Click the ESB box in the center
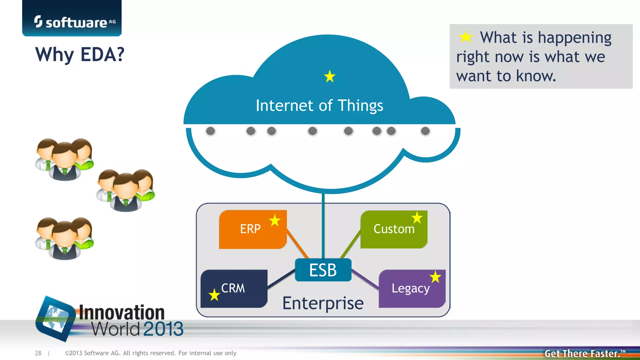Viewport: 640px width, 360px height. pyautogui.click(x=323, y=270)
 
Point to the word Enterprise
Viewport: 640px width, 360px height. pyautogui.click(x=323, y=303)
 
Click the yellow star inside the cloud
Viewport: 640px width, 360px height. pyautogui.click(x=330, y=76)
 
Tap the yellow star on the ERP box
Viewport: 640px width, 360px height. pyautogui.click(x=275, y=221)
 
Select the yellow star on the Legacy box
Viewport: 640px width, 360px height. pyautogui.click(x=435, y=277)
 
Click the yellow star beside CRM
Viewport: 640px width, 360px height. pyautogui.click(x=214, y=295)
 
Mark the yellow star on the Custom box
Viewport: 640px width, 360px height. pyautogui.click(x=417, y=217)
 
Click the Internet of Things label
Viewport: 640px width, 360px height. pyautogui.click(x=319, y=106)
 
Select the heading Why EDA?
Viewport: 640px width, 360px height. pyautogui.click(x=80, y=55)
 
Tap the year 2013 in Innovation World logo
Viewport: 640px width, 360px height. pyautogui.click(x=163, y=329)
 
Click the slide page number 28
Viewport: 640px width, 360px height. pyautogui.click(x=38, y=353)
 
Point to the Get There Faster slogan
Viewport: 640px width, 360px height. pyautogui.click(x=583, y=353)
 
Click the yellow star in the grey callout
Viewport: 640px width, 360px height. pyautogui.click(x=466, y=37)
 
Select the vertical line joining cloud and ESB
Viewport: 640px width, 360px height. pyautogui.click(x=323, y=225)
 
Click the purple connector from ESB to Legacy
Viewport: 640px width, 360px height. pyautogui.click(x=365, y=279)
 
